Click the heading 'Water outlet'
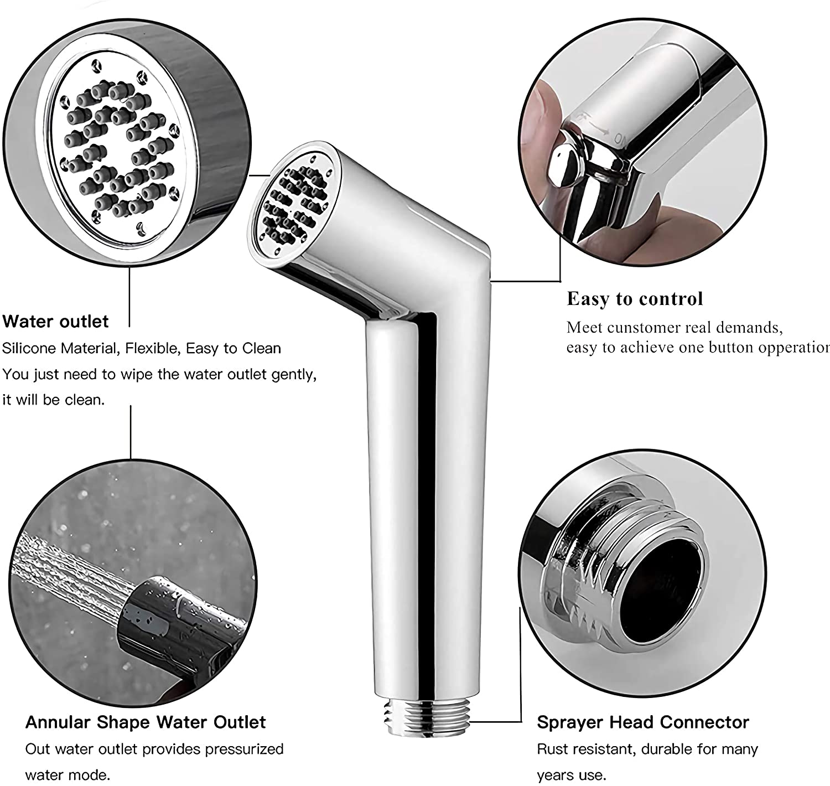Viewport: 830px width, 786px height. coord(55,322)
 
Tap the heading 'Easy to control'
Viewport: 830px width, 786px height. coord(635,298)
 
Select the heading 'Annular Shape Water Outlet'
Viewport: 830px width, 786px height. coord(146,722)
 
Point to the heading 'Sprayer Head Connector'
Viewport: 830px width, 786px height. coord(643,722)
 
